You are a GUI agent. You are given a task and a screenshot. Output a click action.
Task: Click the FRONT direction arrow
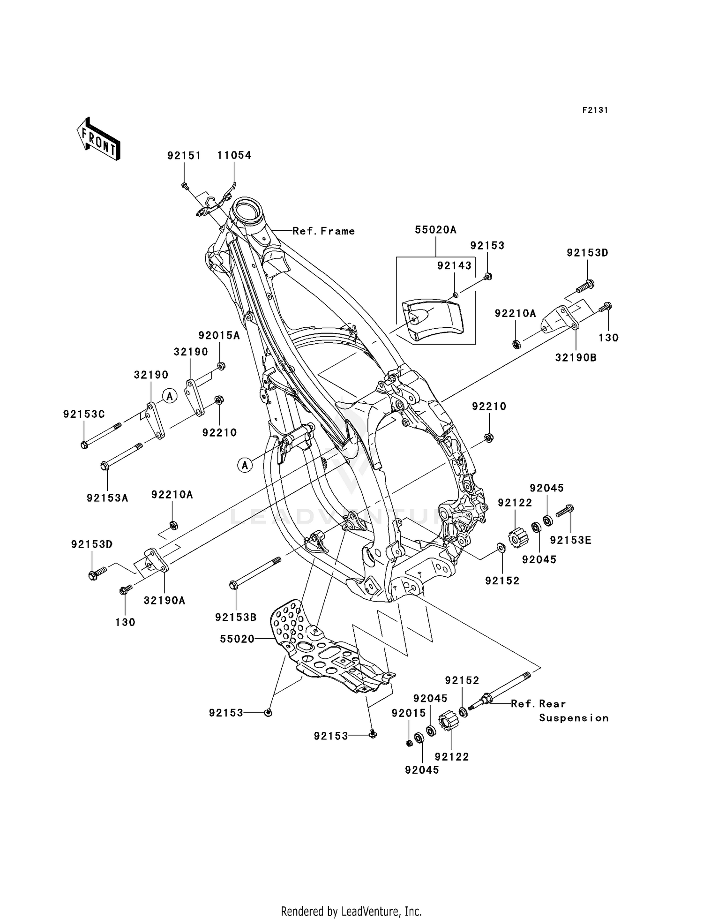98,140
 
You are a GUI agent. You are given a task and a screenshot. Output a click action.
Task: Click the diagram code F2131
595,110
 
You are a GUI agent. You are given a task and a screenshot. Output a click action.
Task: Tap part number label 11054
234,155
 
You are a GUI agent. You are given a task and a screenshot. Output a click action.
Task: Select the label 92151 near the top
184,155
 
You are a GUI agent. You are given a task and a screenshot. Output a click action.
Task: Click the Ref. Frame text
323,231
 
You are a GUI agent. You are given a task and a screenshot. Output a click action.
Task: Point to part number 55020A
435,230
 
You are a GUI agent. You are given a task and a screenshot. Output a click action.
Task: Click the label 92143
454,266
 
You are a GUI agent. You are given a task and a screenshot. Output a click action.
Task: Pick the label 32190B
576,358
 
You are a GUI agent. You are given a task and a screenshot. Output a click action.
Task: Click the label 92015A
219,335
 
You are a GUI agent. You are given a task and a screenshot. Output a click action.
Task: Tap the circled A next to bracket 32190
170,396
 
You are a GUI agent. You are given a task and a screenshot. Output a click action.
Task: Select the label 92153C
84,414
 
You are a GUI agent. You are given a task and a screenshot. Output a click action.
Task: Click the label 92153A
107,498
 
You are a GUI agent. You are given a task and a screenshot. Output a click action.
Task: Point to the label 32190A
165,600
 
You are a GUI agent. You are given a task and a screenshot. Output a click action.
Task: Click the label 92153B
236,618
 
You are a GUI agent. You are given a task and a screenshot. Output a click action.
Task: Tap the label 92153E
570,540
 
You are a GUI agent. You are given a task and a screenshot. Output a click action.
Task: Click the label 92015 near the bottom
409,713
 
